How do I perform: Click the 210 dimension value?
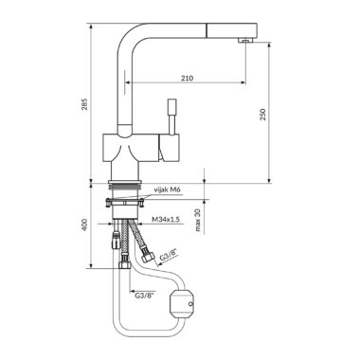[x=188, y=78]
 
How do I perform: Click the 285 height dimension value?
[x=85, y=104]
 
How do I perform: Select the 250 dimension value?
[x=263, y=114]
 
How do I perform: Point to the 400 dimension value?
[x=85, y=224]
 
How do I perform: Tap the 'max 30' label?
[x=198, y=220]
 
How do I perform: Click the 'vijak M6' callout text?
[x=168, y=189]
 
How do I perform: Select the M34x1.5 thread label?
[x=166, y=219]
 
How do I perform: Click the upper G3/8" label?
[x=169, y=255]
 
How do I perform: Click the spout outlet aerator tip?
[x=245, y=40]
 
